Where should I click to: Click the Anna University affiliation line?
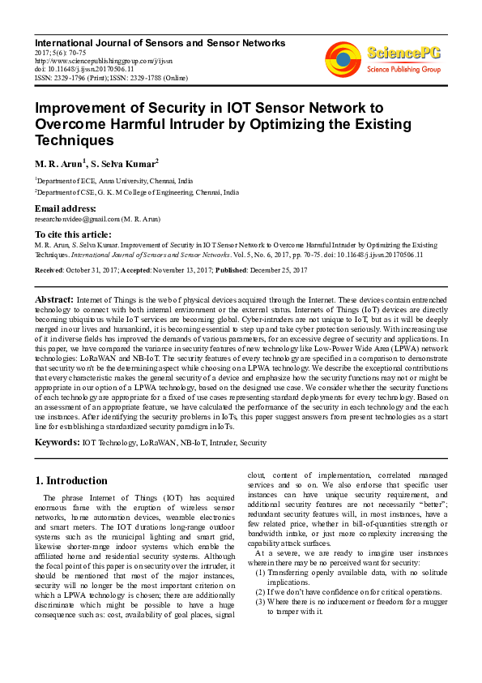(113, 182)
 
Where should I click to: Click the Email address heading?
(65, 209)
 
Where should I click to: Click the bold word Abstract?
(53, 299)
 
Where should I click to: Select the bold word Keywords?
(56, 442)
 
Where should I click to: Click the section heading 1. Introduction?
(71, 480)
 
